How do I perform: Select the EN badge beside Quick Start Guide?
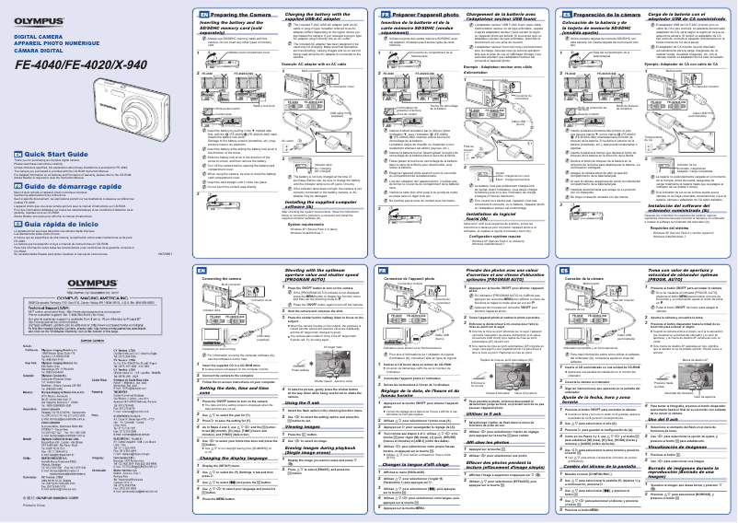pos(17,180)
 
